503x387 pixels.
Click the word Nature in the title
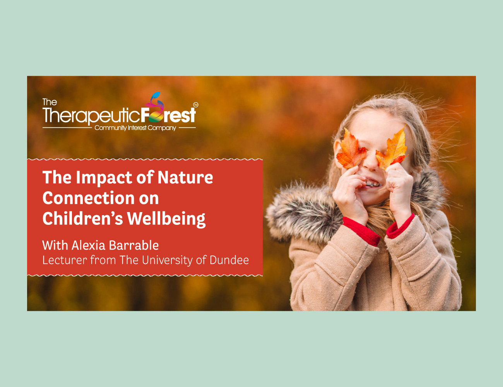[x=185, y=177]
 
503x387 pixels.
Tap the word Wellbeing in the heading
[x=166, y=219]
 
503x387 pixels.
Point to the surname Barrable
[x=133, y=245]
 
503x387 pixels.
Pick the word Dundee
[x=229, y=260]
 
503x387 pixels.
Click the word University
[x=167, y=260]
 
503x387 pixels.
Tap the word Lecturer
[x=65, y=260]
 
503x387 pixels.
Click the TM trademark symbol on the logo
[x=196, y=105]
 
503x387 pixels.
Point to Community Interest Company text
[x=135, y=128]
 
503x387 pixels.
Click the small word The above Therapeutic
[x=50, y=102]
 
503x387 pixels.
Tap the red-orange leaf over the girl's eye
[x=351, y=149]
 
